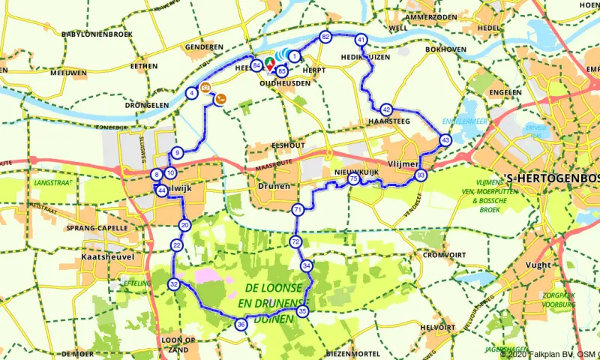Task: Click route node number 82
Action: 325,37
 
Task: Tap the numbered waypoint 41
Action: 361,40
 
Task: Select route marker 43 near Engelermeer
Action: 445,139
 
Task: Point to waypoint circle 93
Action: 421,175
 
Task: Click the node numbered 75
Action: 353,178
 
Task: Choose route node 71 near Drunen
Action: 298,209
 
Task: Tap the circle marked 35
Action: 302,310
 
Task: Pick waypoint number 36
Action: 241,325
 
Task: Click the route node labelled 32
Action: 174,284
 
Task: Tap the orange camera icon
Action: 205,88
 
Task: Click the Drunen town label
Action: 268,185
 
